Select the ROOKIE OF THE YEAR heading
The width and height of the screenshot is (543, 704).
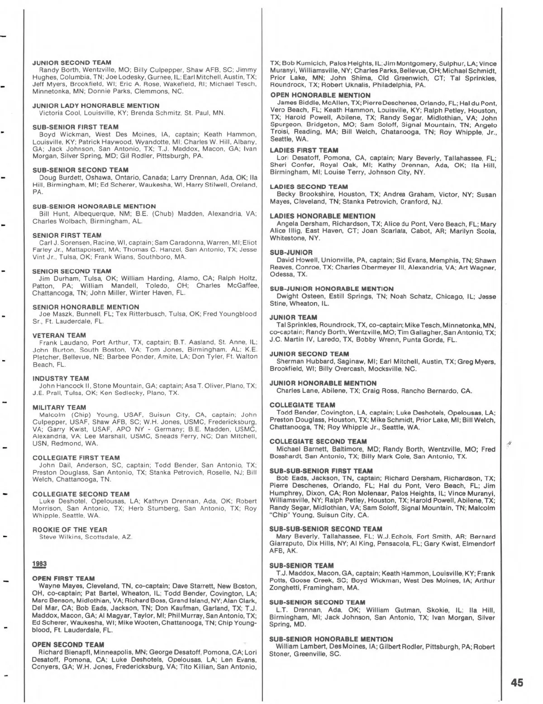coord(70,530)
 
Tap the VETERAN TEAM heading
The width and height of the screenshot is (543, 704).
coord(59,335)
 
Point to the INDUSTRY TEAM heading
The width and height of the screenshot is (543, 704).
coord(61,378)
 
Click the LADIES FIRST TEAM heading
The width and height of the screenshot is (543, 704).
coord(304,150)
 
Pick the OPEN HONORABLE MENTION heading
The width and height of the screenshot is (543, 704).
coord(320,95)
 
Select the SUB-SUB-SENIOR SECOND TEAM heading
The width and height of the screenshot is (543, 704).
coord(326,529)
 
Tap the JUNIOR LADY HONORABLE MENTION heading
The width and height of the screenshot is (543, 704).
coord(96,106)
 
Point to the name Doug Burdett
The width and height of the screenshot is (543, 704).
coord(59,178)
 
